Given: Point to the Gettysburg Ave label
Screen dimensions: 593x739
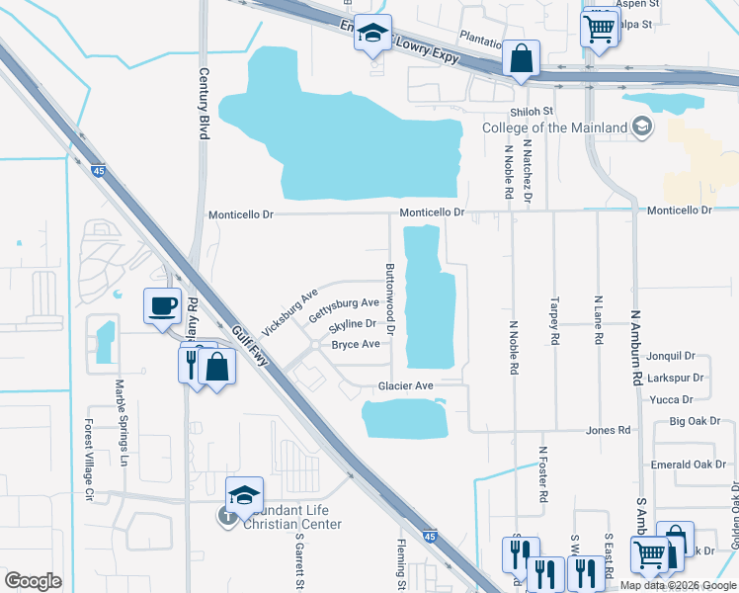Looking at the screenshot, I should pos(344,309).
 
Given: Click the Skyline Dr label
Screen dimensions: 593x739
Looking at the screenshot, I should pos(353,324).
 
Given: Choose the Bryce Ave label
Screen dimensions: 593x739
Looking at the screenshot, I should pos(356,345).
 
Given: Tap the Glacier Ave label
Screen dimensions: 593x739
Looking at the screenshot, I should pos(405,385).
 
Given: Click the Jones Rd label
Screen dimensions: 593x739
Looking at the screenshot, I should pos(608,431).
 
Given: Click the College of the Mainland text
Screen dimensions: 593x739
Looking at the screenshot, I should pos(554,128).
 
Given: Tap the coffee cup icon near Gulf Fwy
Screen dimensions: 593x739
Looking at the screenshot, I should pos(161,304).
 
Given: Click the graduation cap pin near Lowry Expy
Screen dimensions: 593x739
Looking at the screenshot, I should pos(372,33).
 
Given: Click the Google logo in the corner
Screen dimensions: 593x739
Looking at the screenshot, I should pos(33,581).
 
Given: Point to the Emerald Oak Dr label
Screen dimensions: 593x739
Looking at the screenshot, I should pos(689,465).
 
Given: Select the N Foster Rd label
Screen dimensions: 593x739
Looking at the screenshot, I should pos(543,477).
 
